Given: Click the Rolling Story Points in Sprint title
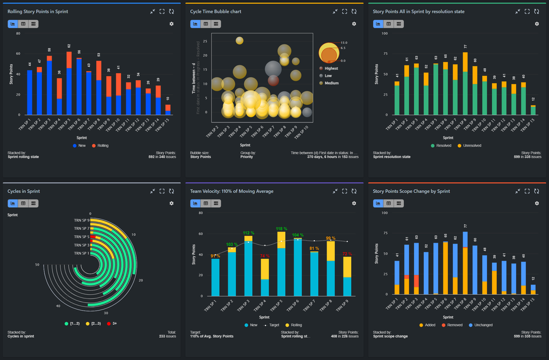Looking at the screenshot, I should click(x=38, y=11).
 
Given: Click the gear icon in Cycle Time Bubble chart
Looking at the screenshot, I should click(x=354, y=24).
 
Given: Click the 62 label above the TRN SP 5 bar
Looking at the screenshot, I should click(x=69, y=46).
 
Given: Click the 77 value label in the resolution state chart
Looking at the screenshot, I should click(x=465, y=47).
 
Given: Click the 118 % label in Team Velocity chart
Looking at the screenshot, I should click(x=281, y=229).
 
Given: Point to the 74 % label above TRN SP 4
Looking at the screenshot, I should click(x=264, y=256).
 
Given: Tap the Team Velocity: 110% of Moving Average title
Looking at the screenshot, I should click(x=232, y=191).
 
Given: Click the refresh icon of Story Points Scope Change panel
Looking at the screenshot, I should click(x=537, y=191).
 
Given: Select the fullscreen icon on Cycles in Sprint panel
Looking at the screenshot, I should click(x=162, y=191).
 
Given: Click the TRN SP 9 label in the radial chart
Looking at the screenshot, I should click(x=81, y=220).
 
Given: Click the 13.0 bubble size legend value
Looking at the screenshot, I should click(x=343, y=43).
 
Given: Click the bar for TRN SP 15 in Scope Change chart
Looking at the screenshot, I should click(x=533, y=290).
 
